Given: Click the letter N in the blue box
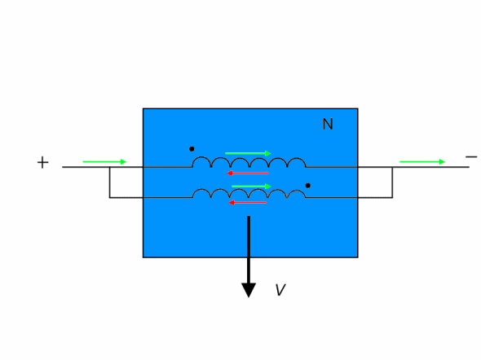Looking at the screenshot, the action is pyautogui.click(x=328, y=124).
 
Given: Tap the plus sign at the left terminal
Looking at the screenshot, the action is pyautogui.click(x=43, y=162).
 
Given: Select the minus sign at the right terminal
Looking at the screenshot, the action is pyautogui.click(x=471, y=157).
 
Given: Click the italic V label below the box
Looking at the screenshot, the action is pyautogui.click(x=280, y=289).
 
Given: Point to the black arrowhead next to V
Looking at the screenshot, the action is pyautogui.click(x=249, y=290).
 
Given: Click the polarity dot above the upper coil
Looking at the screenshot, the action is pyautogui.click(x=192, y=149).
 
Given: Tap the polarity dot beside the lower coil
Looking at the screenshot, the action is pyautogui.click(x=308, y=186).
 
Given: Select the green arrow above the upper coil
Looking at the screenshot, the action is pyautogui.click(x=248, y=153).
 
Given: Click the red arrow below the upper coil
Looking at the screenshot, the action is pyautogui.click(x=248, y=173).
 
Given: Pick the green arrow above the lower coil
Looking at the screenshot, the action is pyautogui.click(x=252, y=187).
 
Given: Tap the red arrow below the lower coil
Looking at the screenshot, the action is pyautogui.click(x=248, y=203).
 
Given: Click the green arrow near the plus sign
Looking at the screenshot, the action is pyautogui.click(x=104, y=162).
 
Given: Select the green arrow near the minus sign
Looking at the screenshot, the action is pyautogui.click(x=422, y=162).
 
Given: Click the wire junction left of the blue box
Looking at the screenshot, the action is pyautogui.click(x=110, y=167).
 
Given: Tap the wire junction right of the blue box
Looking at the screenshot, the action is pyautogui.click(x=392, y=167).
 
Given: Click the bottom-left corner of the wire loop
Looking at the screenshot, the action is pyautogui.click(x=110, y=198).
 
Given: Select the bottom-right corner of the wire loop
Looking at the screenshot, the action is pyautogui.click(x=392, y=198).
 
